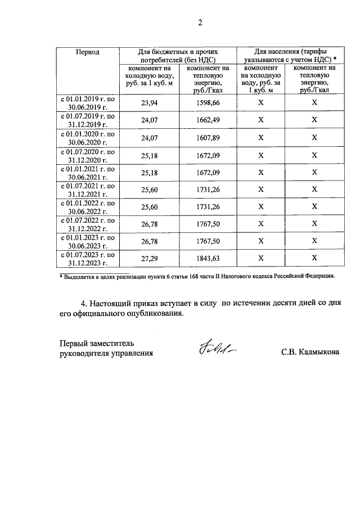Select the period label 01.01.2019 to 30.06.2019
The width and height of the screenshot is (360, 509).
click(x=88, y=103)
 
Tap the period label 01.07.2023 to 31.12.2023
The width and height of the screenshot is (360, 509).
click(x=88, y=258)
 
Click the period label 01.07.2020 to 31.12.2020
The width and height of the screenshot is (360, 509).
click(x=88, y=155)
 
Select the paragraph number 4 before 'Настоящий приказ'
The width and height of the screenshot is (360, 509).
click(x=84, y=304)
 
